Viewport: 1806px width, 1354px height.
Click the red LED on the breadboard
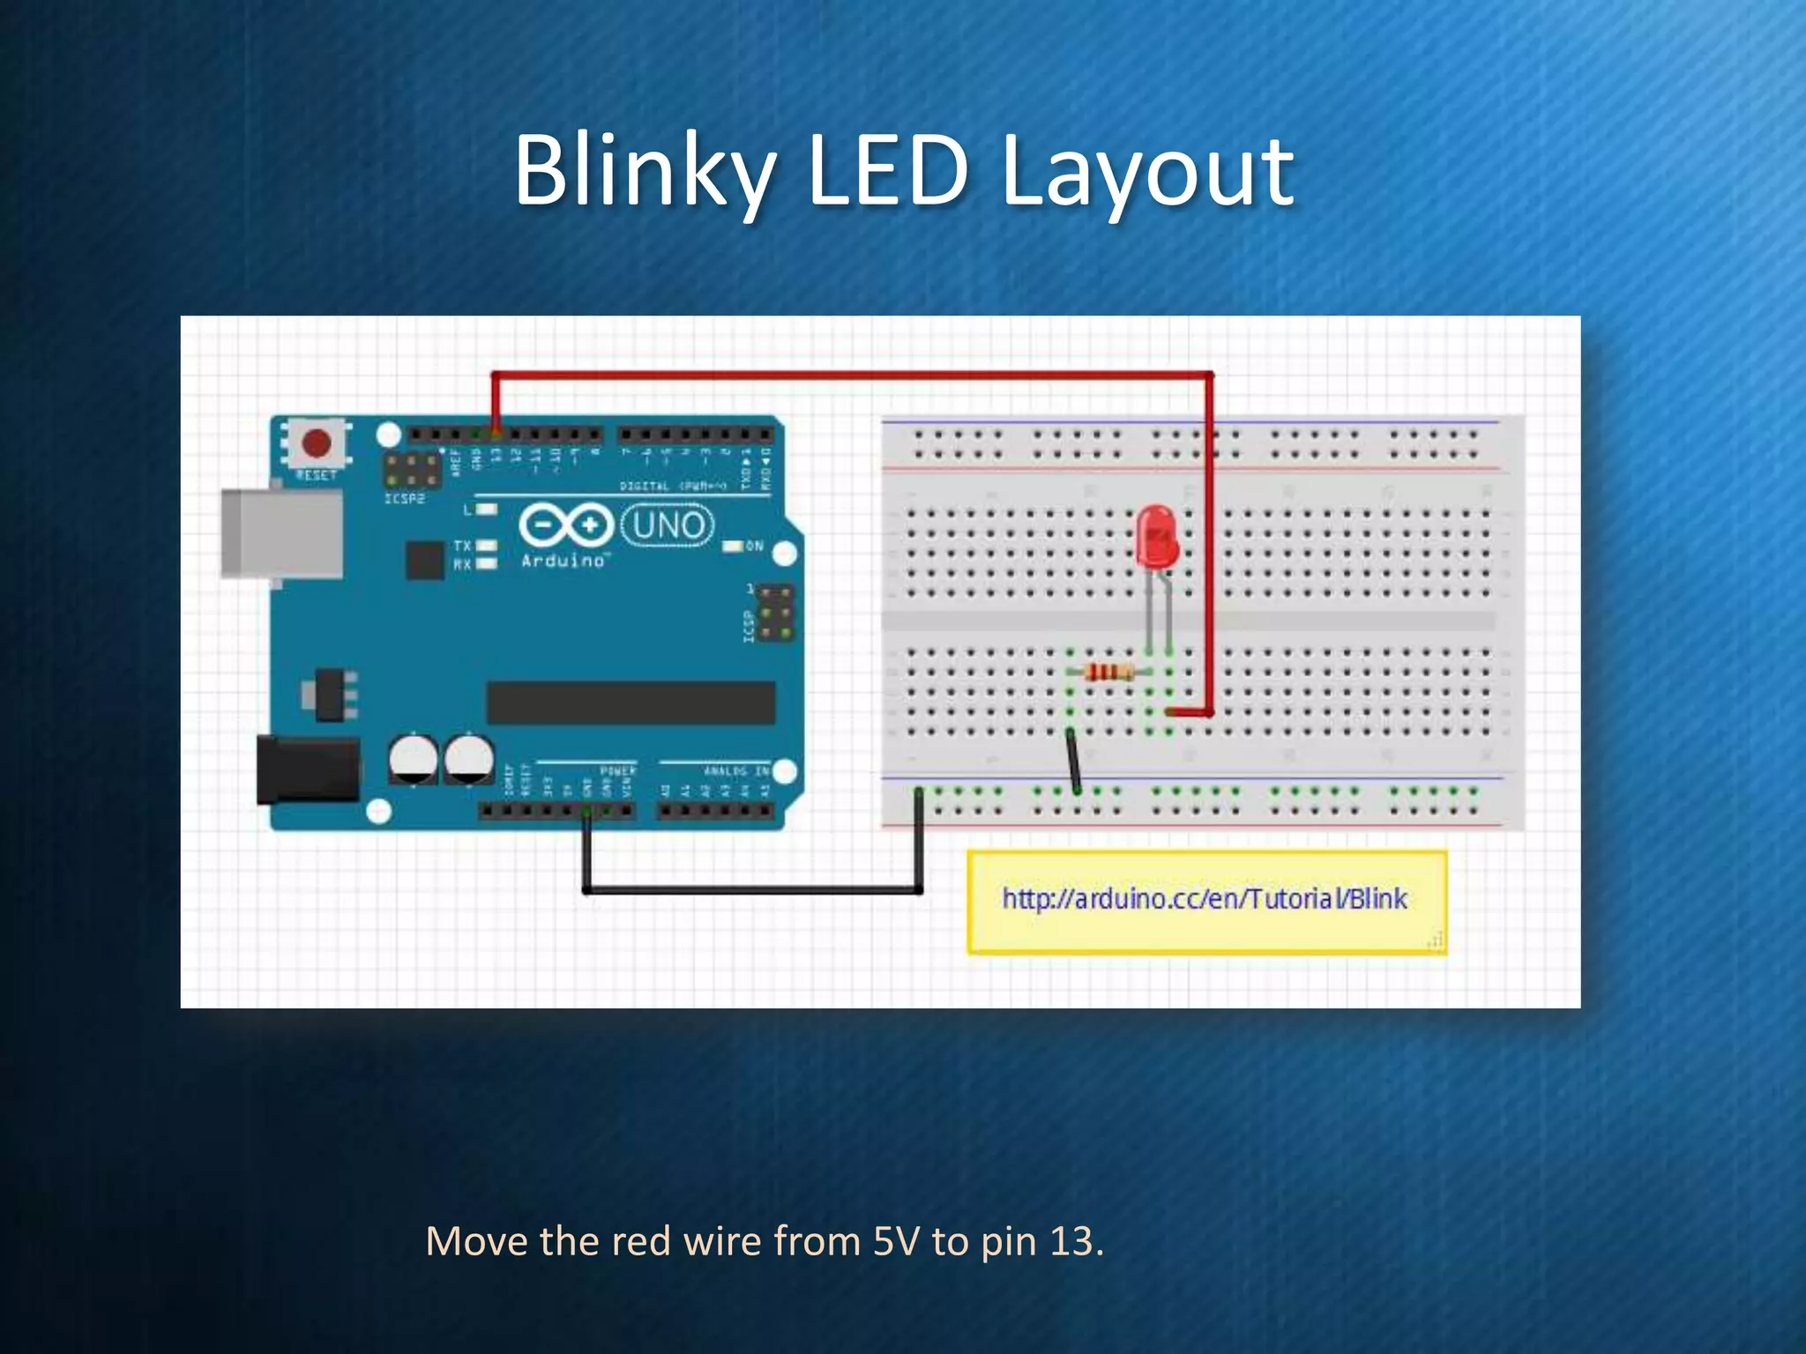coord(1157,536)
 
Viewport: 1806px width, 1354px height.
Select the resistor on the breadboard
coord(1108,673)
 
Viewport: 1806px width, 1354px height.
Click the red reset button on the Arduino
coord(316,443)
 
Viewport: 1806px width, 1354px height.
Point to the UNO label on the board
coord(668,525)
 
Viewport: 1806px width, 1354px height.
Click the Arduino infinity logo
coord(565,525)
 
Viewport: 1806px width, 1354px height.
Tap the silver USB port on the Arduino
coord(281,533)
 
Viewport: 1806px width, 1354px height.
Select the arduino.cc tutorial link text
coord(1205,899)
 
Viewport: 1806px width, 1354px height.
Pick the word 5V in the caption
coord(897,1241)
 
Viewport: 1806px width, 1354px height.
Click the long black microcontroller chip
coord(631,703)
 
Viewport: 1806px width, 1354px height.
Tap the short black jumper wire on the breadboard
coord(1073,761)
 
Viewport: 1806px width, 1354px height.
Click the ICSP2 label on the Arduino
coord(405,499)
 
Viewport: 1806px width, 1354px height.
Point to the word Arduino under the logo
coord(563,561)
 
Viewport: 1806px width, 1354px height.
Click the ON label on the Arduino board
coord(754,547)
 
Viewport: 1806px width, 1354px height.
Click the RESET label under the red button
coord(316,475)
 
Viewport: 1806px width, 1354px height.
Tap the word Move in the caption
coord(476,1241)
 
